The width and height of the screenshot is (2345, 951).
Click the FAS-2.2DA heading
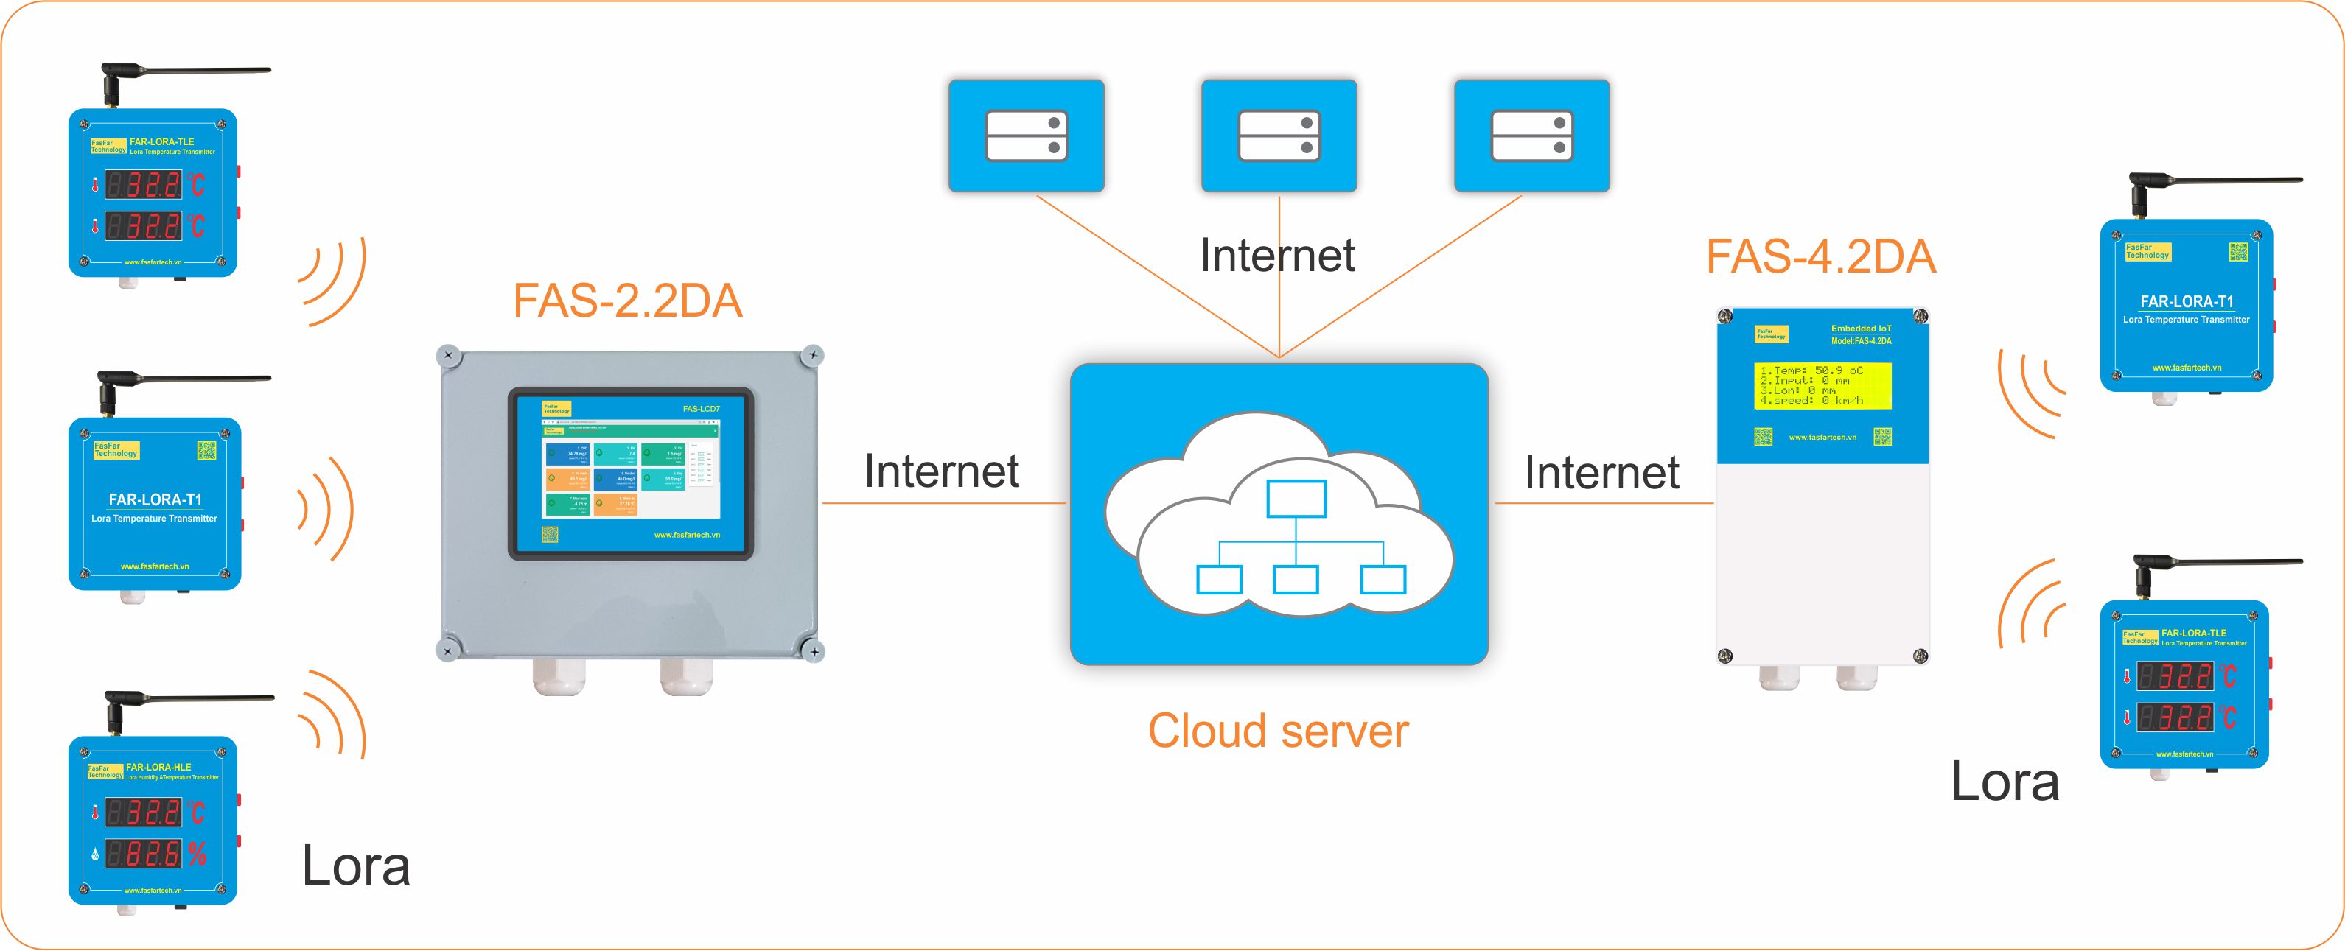[x=627, y=301]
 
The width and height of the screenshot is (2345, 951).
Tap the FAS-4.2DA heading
[x=1820, y=256]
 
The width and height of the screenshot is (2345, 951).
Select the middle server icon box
[x=1279, y=136]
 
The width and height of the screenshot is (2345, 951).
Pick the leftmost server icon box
[x=1026, y=136]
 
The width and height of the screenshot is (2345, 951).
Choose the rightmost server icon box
[x=1532, y=136]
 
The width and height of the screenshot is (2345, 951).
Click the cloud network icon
[x=1279, y=515]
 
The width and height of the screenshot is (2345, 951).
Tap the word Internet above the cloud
[x=1277, y=255]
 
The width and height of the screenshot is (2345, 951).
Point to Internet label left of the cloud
[x=941, y=471]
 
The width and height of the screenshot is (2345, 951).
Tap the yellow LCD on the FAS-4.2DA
[x=1822, y=386]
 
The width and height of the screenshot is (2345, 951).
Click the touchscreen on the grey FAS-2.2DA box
[x=630, y=472]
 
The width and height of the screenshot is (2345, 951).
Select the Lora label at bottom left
[x=355, y=866]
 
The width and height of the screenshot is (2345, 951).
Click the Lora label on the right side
[x=2005, y=782]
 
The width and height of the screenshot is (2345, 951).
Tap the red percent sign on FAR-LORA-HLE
[x=198, y=854]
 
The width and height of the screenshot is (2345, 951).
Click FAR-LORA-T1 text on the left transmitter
[x=155, y=499]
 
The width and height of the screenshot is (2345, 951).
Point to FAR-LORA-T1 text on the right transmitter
[x=2187, y=301]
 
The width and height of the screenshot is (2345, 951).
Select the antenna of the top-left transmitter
[x=182, y=71]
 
